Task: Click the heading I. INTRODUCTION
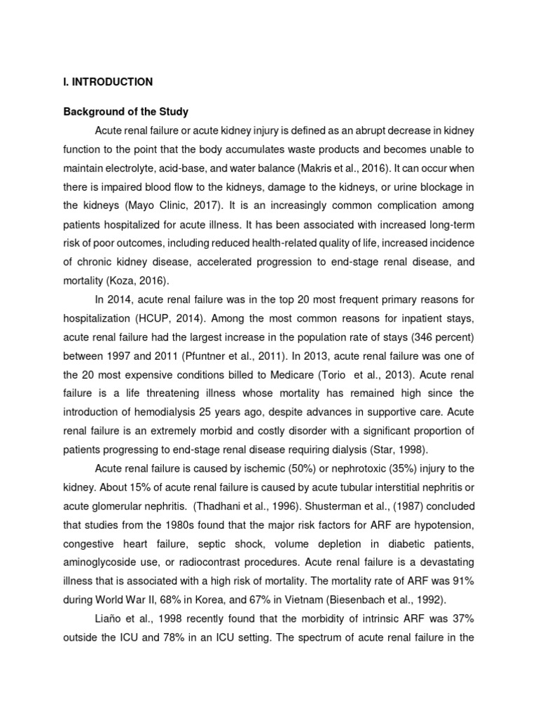click(x=108, y=82)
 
